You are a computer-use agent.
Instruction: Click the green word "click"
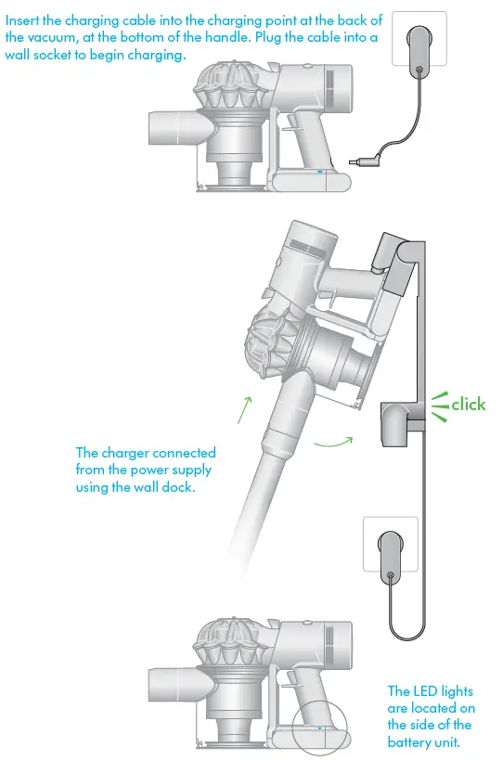coord(469,404)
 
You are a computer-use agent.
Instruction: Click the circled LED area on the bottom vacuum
coord(319,728)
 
